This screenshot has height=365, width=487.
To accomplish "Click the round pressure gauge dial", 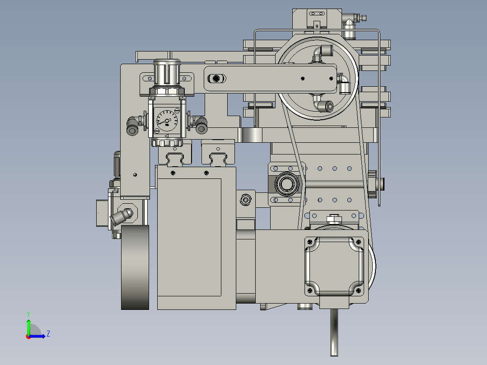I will coord(166,121).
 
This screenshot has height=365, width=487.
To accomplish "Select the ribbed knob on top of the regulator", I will coord(167,72).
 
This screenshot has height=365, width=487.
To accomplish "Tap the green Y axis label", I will coord(28,314).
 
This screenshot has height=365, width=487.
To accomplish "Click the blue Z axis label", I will coord(48,334).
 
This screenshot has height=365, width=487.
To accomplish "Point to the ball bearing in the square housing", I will coord(286,184).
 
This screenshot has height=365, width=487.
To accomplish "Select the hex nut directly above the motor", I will coord(334,219).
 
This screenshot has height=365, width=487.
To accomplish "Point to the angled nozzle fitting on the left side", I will coord(123,216).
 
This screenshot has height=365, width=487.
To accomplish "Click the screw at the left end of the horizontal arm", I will coord(217,79).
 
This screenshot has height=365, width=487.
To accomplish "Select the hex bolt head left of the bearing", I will coord(246,199).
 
